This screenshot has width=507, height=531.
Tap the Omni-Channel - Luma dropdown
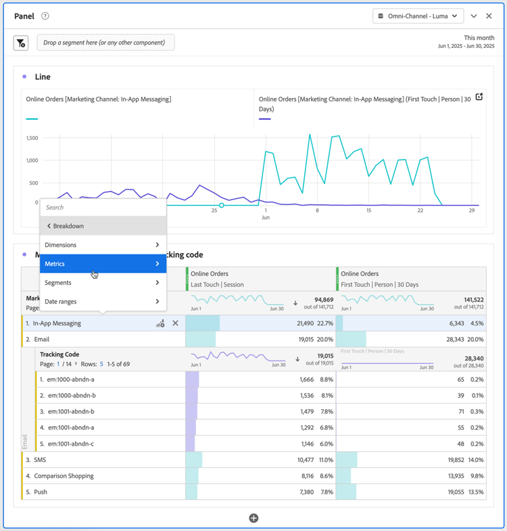[418, 16]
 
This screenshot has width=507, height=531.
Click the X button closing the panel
[489, 16]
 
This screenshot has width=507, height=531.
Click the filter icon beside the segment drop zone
[21, 43]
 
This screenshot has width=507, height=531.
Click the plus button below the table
[254, 518]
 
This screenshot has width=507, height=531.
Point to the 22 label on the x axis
[420, 210]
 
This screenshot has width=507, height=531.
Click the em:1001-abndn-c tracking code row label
[71, 444]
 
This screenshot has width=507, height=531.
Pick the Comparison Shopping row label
[64, 476]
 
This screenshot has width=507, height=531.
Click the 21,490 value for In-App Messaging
[310, 323]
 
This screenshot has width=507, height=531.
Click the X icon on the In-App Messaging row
[176, 323]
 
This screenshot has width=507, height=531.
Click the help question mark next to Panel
[45, 16]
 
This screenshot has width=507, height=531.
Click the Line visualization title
[43, 77]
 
